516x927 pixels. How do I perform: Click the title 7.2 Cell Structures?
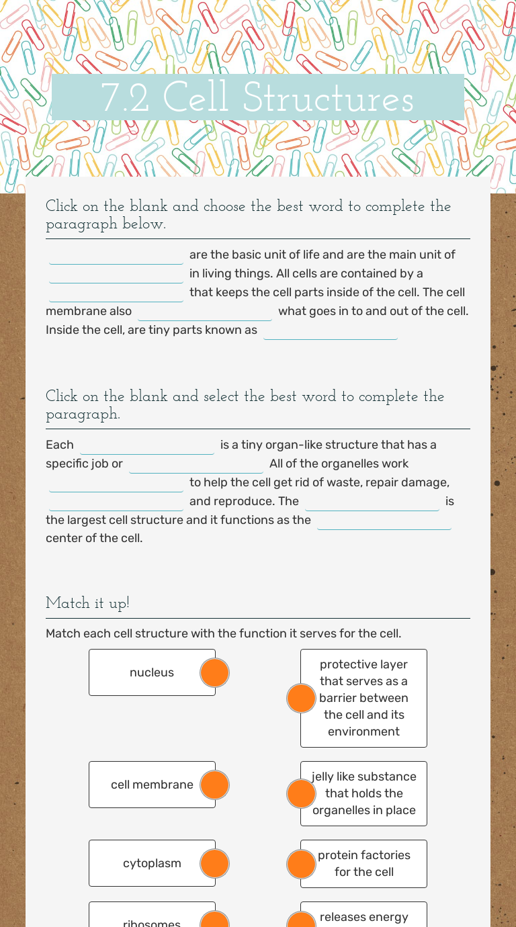point(257,99)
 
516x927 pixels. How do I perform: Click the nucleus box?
point(152,672)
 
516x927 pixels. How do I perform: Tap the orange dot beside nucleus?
point(215,672)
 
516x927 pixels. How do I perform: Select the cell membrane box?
point(152,785)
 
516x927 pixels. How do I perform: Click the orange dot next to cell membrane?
point(215,785)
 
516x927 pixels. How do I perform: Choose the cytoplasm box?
point(152,863)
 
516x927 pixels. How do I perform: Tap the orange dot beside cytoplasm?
point(215,863)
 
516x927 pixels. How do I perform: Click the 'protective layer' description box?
point(363,698)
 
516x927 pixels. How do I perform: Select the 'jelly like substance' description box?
point(363,793)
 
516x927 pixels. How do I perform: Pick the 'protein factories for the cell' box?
point(363,863)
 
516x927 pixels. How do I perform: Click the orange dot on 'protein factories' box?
point(301,864)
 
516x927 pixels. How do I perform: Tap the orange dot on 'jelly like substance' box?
point(301,793)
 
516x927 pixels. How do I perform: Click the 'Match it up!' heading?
point(87,603)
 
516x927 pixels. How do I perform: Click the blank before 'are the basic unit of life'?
point(116,255)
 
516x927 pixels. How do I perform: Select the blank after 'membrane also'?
point(205,312)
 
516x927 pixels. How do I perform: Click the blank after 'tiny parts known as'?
point(331,330)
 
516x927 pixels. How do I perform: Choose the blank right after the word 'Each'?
point(147,445)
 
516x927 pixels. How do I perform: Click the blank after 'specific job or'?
point(196,464)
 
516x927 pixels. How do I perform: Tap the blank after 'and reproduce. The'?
point(372,502)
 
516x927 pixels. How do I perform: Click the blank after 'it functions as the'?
point(384,521)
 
